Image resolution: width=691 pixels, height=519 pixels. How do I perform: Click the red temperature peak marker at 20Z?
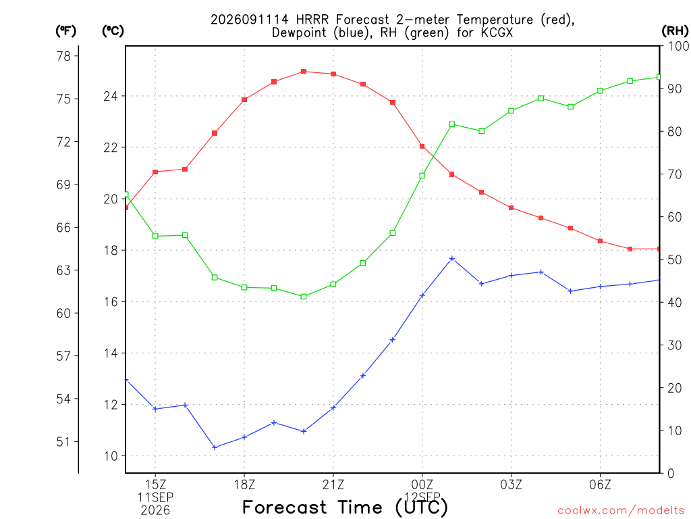tap(304, 72)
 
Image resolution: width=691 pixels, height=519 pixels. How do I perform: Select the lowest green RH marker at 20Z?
tap(304, 297)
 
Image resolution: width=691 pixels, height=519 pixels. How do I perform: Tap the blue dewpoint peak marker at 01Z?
tap(451, 259)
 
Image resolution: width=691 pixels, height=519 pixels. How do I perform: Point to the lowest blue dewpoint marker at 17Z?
tap(215, 447)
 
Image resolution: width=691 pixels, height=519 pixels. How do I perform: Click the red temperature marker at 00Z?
tap(422, 146)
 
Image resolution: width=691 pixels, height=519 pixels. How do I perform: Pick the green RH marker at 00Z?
tap(422, 176)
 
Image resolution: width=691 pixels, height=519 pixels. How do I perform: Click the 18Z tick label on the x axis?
tap(244, 485)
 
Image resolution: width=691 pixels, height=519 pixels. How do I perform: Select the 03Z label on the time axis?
tap(512, 485)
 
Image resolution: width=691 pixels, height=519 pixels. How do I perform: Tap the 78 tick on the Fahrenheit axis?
tap(63, 56)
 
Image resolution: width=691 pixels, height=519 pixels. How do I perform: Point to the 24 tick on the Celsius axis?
tap(111, 96)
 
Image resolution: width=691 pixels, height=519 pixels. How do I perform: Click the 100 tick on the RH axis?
tap(678, 46)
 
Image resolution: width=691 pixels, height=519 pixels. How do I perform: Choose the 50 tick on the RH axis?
tap(675, 259)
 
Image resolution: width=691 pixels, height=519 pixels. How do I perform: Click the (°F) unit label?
tap(65, 31)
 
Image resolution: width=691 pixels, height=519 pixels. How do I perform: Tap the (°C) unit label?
tap(113, 31)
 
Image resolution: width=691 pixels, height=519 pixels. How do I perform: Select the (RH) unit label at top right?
tap(675, 31)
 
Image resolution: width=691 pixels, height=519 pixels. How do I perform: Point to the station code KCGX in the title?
tap(497, 32)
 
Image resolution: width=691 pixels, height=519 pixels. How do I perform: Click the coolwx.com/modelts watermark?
tap(621, 510)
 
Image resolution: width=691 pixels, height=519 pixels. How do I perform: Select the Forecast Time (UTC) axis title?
tap(345, 508)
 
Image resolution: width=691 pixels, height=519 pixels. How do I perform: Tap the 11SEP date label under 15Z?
tap(155, 497)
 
